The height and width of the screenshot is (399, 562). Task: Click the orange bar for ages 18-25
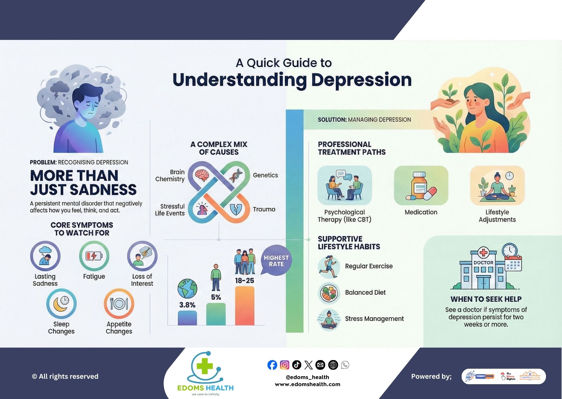pyautogui.click(x=244, y=306)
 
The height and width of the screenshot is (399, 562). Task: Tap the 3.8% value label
pyautogui.click(x=187, y=305)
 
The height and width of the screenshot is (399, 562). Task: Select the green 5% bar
pyautogui.click(x=216, y=314)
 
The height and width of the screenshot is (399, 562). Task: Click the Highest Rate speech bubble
pyautogui.click(x=276, y=261)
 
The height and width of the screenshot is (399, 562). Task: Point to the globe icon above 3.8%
pyautogui.click(x=187, y=289)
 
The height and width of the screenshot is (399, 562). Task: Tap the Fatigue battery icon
pyautogui.click(x=94, y=256)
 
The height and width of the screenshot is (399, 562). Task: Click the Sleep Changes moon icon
pyautogui.click(x=61, y=304)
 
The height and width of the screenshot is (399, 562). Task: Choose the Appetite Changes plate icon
pyautogui.click(x=119, y=304)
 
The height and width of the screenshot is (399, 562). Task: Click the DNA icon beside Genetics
pyautogui.click(x=236, y=175)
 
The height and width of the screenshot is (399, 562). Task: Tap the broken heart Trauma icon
pyautogui.click(x=236, y=209)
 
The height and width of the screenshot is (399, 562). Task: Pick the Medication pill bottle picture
pyautogui.click(x=421, y=186)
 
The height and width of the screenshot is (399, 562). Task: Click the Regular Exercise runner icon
pyautogui.click(x=329, y=266)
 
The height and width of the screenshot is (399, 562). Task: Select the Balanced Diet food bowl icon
pyautogui.click(x=329, y=293)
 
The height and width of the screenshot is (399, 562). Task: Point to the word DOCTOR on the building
pyautogui.click(x=483, y=263)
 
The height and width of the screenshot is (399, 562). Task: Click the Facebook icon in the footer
pyautogui.click(x=272, y=365)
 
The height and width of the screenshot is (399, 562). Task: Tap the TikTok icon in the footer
pyautogui.click(x=296, y=365)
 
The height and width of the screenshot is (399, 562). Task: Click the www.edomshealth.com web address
pyautogui.click(x=307, y=384)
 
